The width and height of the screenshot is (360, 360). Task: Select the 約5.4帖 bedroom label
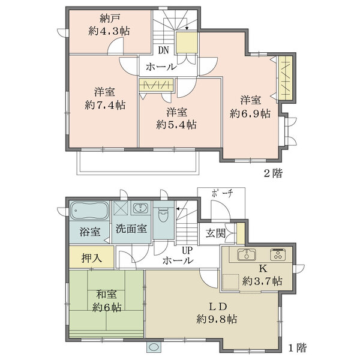coord(176,125)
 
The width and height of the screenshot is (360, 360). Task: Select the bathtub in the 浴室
coord(89,211)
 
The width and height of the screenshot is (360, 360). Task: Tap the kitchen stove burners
coord(279,254)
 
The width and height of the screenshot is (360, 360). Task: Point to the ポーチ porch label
coord(221,193)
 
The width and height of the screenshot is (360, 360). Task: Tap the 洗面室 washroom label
coord(131,229)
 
